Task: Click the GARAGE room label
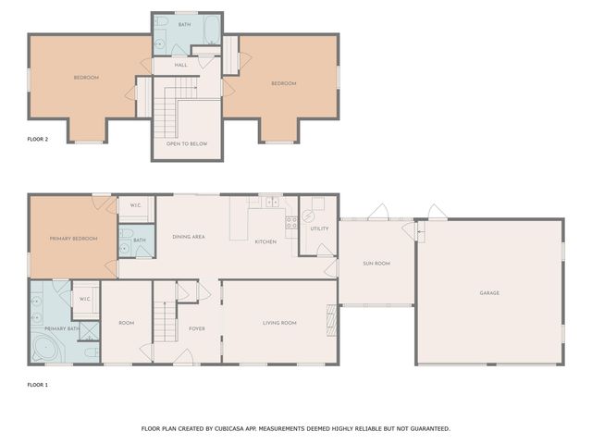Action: tap(489, 293)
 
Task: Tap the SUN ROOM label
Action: tap(376, 264)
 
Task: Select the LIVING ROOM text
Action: tap(279, 323)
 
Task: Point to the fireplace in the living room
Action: tap(331, 320)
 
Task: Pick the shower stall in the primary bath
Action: tap(89, 331)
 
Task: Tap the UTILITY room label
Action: tap(319, 228)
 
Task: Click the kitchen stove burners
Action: tap(291, 222)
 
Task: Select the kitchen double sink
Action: tap(272, 202)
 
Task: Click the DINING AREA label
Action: tap(189, 237)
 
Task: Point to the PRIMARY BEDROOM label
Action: tap(74, 239)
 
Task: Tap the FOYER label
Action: tap(197, 329)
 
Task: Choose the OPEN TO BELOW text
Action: tap(187, 144)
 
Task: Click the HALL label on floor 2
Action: tap(181, 65)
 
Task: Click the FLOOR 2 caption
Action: tap(38, 139)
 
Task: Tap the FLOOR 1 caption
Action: tap(38, 385)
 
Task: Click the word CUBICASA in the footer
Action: tap(228, 429)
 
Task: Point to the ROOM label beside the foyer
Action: tap(126, 323)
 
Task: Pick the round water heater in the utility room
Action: tap(308, 216)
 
